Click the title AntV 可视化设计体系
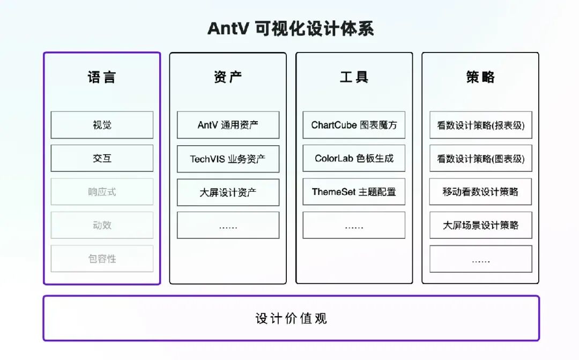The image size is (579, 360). click(x=290, y=28)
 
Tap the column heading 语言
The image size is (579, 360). click(x=101, y=77)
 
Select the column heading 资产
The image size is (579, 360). click(x=228, y=77)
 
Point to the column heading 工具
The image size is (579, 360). click(x=354, y=77)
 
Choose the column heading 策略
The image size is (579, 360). click(x=480, y=77)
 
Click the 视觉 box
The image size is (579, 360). click(x=102, y=125)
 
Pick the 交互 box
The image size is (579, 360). click(x=102, y=159)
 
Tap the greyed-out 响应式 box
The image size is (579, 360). click(x=102, y=192)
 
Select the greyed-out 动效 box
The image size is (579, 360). click(x=102, y=225)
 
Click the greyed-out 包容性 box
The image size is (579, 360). click(x=102, y=259)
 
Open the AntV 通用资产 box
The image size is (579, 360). click(x=228, y=125)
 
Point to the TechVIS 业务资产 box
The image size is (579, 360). click(x=228, y=159)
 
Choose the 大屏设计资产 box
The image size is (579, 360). click(x=228, y=192)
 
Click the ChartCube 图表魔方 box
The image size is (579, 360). click(x=354, y=125)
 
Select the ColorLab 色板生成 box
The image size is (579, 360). click(x=354, y=159)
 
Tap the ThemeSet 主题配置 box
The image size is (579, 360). click(x=354, y=192)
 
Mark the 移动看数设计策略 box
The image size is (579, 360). click(x=481, y=192)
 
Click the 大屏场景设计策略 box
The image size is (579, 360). click(x=481, y=226)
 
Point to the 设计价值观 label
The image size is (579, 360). click(x=291, y=319)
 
